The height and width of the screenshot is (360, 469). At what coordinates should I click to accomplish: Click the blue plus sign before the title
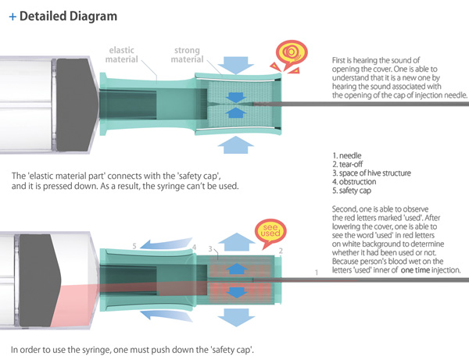click(13, 16)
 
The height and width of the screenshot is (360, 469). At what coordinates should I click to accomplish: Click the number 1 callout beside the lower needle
click(316, 271)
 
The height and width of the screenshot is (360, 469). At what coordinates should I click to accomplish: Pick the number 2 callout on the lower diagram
click(281, 251)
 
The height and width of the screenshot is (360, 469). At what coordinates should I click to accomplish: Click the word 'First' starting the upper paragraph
click(341, 60)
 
